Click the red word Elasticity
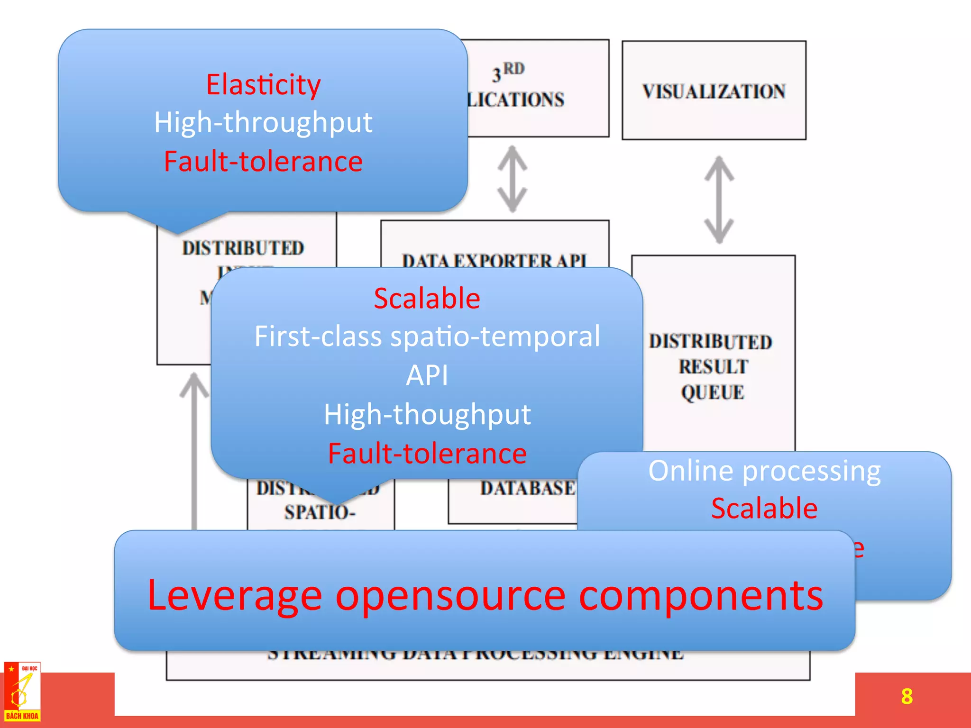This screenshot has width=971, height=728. [263, 84]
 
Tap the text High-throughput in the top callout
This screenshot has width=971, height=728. [263, 122]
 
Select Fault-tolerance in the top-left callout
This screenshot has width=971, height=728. [263, 161]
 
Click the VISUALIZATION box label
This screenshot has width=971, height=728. [714, 91]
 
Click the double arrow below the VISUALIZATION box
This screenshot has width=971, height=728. [719, 200]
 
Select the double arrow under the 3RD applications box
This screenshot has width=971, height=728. [512, 179]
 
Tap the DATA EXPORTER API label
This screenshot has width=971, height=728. [495, 260]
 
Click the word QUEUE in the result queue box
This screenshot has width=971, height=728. [713, 392]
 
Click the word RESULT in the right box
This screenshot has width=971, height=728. [713, 367]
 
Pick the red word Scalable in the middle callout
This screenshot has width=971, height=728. [427, 299]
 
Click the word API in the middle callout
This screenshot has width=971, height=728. [427, 375]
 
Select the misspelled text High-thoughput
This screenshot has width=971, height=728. [427, 414]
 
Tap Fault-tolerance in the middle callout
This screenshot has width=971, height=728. [427, 453]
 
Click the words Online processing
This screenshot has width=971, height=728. [764, 471]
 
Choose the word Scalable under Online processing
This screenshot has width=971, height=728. [764, 508]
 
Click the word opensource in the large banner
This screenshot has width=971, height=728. [450, 595]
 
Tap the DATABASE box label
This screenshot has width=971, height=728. [527, 488]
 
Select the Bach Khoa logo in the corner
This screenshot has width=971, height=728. [22, 692]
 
